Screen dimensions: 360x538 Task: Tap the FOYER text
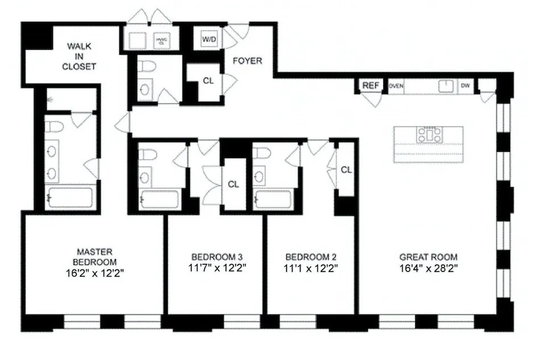tap(247, 60)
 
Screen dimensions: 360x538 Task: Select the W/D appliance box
tap(208, 39)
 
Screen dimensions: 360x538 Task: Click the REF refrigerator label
tap(371, 86)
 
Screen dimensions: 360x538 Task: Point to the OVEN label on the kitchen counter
tap(396, 86)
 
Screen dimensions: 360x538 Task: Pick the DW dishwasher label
tap(465, 86)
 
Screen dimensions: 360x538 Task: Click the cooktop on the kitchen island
tap(428, 135)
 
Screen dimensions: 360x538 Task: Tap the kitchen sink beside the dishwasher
tap(445, 86)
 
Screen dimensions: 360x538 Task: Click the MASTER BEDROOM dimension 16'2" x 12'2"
tap(95, 272)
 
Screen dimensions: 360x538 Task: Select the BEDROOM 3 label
tap(213, 256)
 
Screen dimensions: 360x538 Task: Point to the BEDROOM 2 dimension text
tap(312, 266)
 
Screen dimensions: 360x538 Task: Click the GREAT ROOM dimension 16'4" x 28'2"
tap(428, 266)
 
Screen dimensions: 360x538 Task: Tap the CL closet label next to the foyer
tap(208, 81)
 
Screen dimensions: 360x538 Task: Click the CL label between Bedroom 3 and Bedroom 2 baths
tap(233, 184)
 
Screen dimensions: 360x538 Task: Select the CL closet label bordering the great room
tap(346, 169)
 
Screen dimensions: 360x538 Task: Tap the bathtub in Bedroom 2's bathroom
tap(274, 200)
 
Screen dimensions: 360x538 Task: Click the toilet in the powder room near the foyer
tap(146, 67)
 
